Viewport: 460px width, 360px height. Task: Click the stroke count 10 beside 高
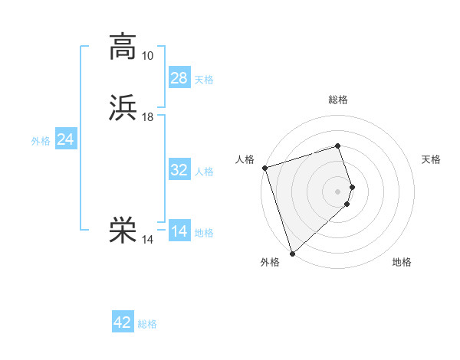(147, 56)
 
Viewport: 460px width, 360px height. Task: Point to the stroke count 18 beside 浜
(147, 117)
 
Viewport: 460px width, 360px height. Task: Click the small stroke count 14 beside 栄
(147, 240)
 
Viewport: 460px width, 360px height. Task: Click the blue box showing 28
(179, 77)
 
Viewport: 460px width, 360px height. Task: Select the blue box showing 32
(179, 170)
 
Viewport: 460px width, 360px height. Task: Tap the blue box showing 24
(66, 139)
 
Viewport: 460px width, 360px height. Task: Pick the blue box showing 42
(123, 322)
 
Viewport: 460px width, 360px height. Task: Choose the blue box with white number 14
(179, 231)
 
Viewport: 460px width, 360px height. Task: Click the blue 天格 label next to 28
(204, 80)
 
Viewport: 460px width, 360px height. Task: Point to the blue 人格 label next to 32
(204, 172)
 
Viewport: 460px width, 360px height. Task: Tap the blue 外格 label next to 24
(41, 141)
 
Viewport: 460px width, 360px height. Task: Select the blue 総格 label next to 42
(147, 324)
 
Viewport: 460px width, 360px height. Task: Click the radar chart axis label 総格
(338, 100)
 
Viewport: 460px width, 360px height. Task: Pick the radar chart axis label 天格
(432, 159)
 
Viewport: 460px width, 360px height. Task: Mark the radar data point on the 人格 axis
(264, 168)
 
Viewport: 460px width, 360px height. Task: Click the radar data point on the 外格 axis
(292, 253)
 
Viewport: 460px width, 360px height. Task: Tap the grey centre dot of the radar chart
(338, 190)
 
